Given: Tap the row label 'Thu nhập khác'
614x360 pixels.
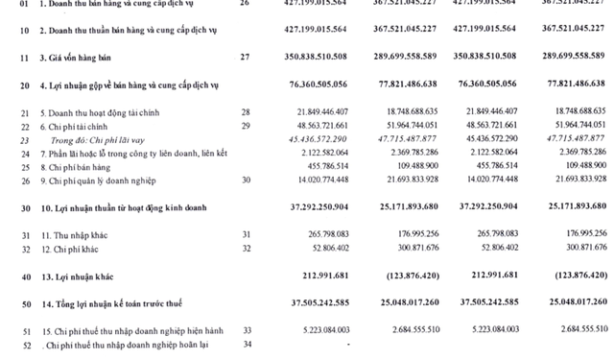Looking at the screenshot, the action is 76,234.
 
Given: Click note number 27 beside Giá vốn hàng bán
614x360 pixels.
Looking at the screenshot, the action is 246,57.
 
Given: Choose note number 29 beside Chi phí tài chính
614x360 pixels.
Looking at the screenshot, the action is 246,126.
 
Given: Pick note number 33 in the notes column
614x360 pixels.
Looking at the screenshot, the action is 246,329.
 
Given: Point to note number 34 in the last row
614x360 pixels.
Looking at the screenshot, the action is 246,344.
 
